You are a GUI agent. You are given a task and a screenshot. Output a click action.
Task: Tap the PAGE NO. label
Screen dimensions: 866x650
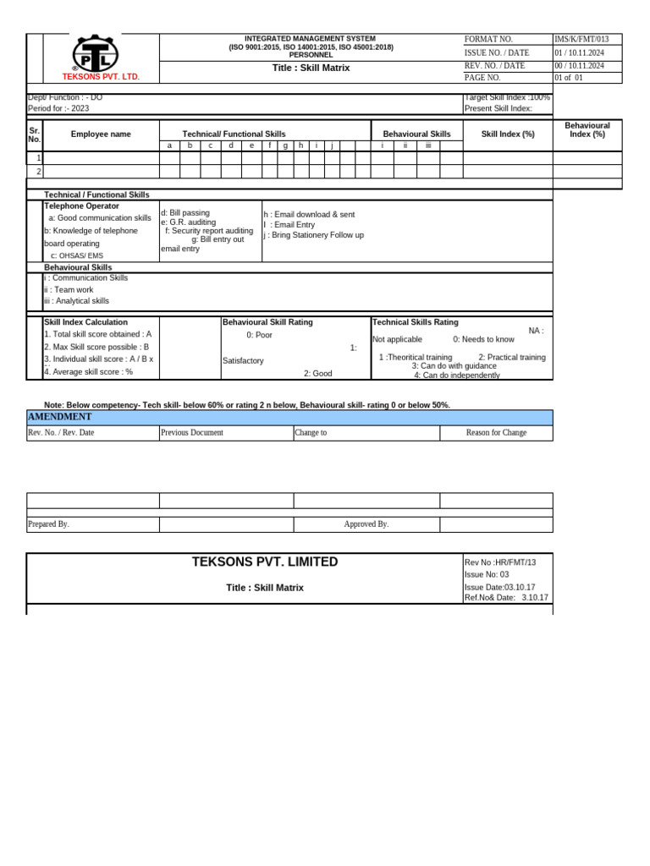pos(482,78)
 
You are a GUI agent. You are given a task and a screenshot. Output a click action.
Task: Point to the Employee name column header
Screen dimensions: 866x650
pos(101,134)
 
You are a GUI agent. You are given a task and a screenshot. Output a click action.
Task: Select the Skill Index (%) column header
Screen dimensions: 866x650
pos(508,134)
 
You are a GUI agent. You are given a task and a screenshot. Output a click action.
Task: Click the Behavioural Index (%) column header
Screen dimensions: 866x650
pos(587,129)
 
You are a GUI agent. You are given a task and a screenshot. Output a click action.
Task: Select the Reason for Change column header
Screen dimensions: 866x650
pos(496,433)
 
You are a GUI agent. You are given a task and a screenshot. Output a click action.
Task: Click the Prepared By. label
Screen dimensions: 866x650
pos(48,524)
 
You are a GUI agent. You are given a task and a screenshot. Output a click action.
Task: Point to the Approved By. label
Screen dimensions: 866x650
pos(366,524)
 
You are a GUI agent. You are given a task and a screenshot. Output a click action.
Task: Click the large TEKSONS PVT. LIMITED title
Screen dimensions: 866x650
pos(264,562)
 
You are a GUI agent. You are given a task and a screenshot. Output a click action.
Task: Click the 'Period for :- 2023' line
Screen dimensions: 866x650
pos(58,108)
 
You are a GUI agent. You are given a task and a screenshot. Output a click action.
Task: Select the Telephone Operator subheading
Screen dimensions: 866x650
pos(81,206)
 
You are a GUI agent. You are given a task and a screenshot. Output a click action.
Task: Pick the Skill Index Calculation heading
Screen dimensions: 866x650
pos(85,322)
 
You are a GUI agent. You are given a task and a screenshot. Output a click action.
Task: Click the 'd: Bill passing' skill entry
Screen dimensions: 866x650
pos(185,213)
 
